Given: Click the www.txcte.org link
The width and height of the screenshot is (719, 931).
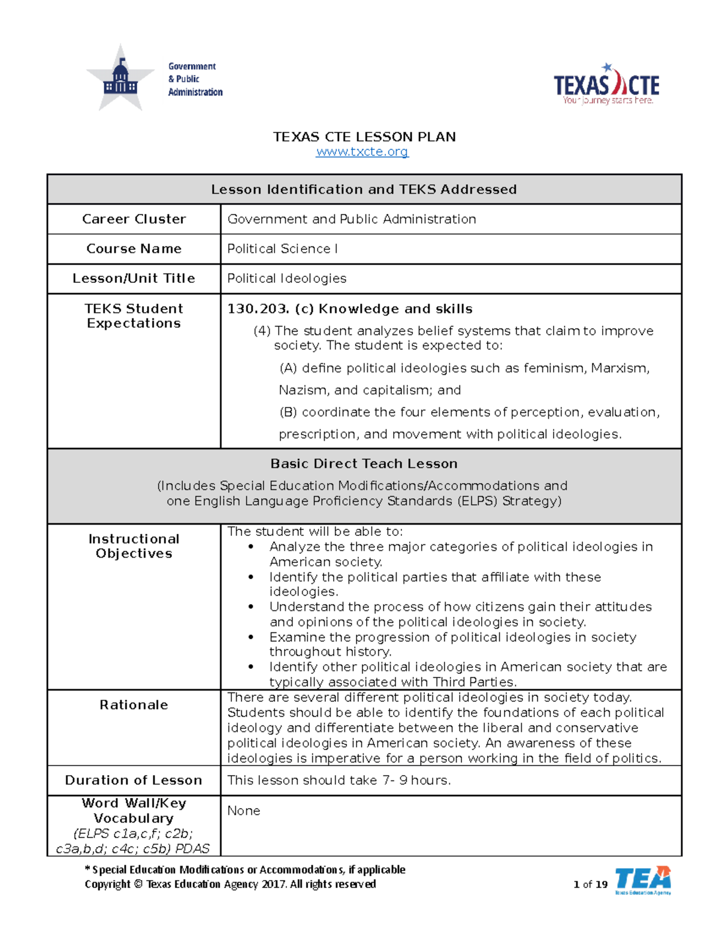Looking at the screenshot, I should point(362,152).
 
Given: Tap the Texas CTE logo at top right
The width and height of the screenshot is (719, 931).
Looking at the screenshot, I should point(606,86).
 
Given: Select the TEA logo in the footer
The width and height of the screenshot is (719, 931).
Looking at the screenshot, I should point(642,880).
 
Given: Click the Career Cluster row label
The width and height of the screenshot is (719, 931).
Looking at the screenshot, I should point(134,219).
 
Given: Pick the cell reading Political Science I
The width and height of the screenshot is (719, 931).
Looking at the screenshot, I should point(282,249).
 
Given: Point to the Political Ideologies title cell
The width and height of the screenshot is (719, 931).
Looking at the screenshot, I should point(286,279).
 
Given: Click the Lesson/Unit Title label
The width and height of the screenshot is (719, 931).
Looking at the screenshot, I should point(134,279).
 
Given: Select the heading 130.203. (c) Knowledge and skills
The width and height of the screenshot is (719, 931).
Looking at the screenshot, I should point(349,309).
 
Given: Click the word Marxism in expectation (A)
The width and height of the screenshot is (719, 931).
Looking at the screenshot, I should point(620,368).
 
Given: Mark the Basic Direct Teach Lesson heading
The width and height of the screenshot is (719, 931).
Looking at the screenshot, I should point(364,463).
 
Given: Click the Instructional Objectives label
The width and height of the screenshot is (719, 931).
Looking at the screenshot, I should point(134,546).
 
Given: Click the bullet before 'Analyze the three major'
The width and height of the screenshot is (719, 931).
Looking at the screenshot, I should point(251,547).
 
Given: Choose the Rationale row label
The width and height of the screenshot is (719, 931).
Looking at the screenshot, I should point(134,705).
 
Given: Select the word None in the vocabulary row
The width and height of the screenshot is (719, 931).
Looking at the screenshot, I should point(243,811).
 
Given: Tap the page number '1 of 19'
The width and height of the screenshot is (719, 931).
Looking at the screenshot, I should point(590,884).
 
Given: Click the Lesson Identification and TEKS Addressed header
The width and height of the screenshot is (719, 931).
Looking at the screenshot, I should point(364,189).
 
